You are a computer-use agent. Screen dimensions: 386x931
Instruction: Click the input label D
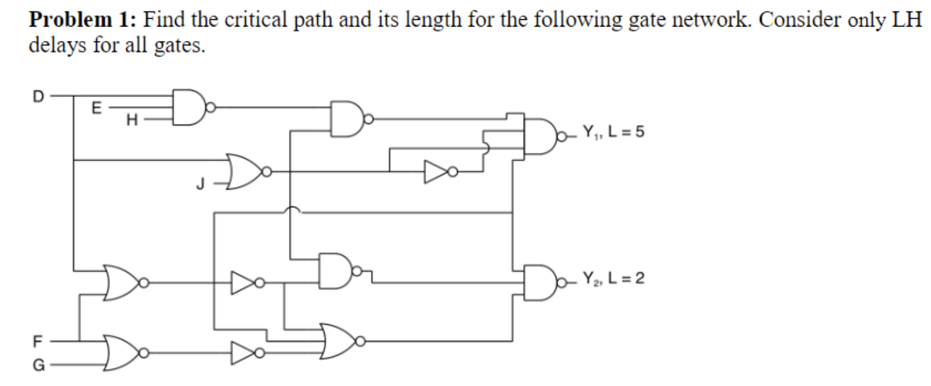point(37,95)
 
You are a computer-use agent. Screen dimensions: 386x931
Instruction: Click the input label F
point(37,341)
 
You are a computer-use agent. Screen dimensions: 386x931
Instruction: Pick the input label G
point(37,365)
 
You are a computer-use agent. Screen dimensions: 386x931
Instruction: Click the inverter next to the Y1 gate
point(438,172)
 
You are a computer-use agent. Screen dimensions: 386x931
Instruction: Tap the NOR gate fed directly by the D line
point(122,282)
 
